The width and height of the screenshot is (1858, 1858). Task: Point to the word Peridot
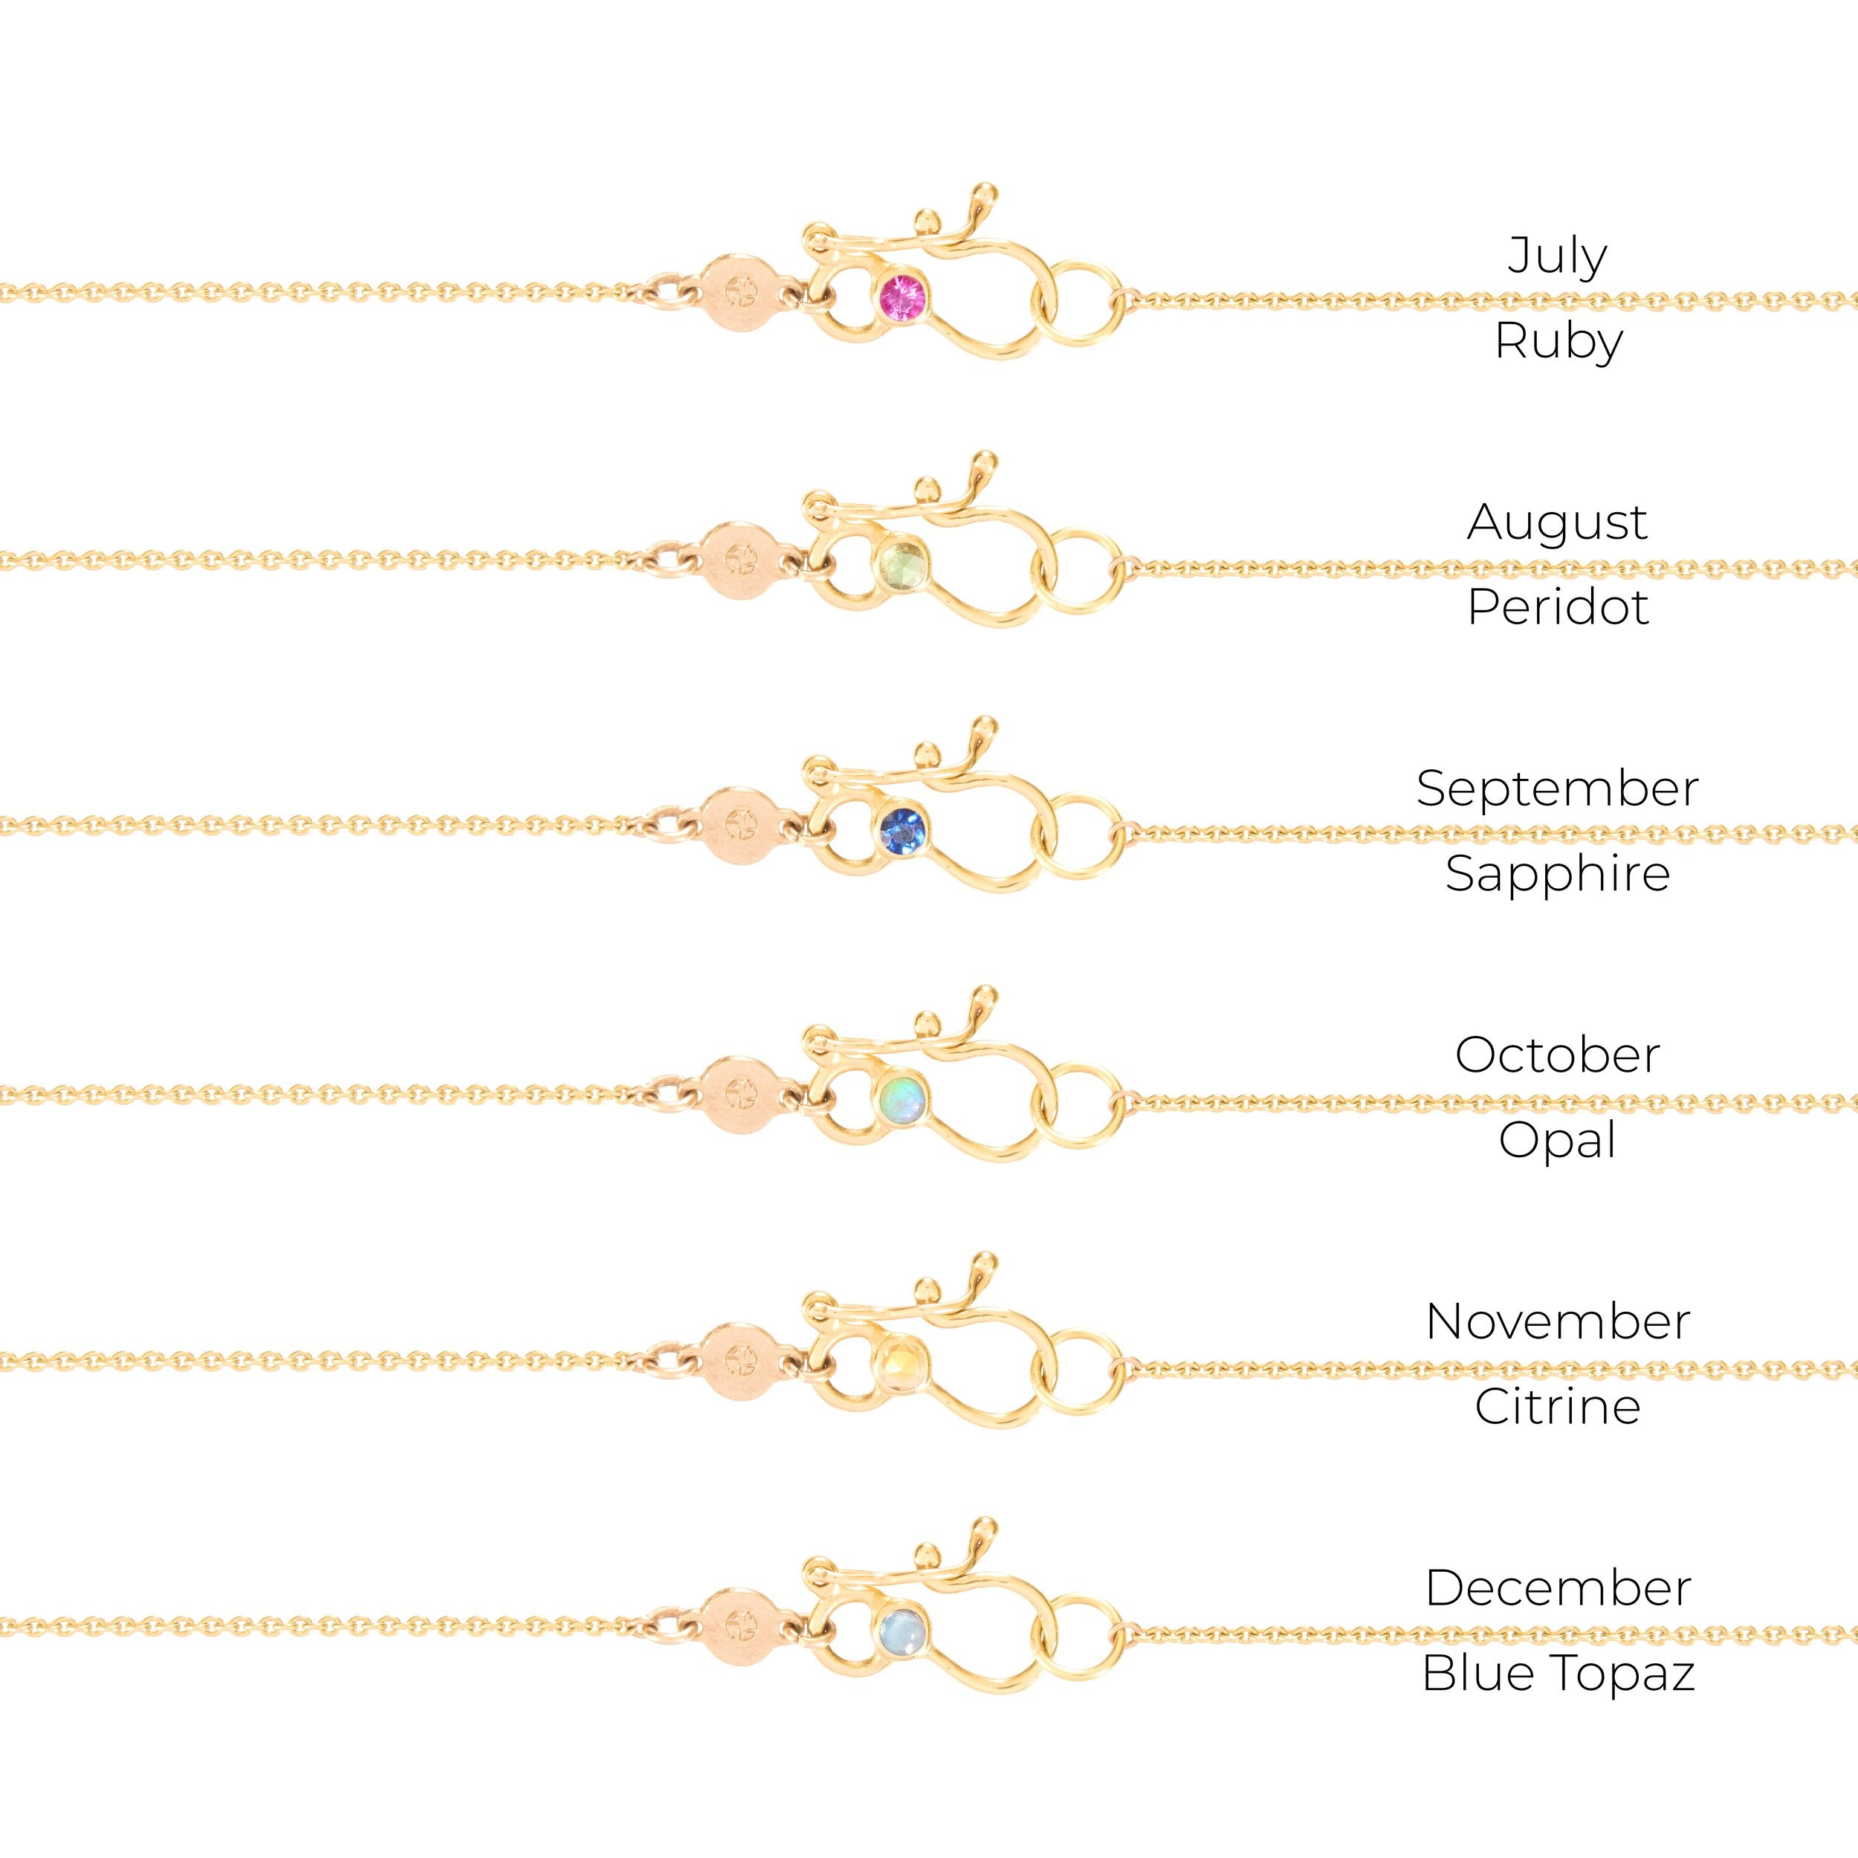click(x=1558, y=608)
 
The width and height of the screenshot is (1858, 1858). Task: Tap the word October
click(x=1557, y=1056)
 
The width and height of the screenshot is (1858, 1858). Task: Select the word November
click(x=1558, y=1322)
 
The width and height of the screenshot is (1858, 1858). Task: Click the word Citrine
click(x=1557, y=1408)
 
